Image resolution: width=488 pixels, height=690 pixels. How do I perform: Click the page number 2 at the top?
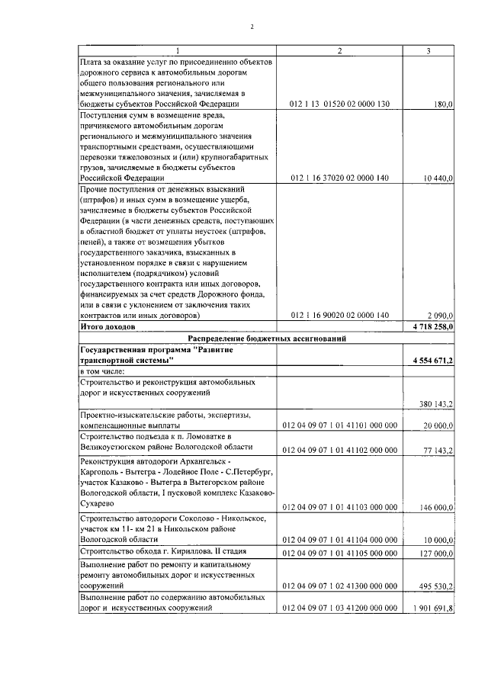click(251, 27)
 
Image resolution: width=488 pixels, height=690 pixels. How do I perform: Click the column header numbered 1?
click(177, 50)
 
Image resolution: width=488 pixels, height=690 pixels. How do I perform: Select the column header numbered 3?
click(429, 50)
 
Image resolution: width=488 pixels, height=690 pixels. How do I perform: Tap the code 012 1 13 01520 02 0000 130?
click(340, 104)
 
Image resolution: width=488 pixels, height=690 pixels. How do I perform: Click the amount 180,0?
click(442, 104)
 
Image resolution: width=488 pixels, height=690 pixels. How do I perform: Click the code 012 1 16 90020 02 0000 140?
click(340, 315)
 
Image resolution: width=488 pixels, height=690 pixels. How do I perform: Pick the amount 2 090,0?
click(440, 315)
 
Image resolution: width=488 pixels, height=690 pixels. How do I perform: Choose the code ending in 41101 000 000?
click(340, 425)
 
